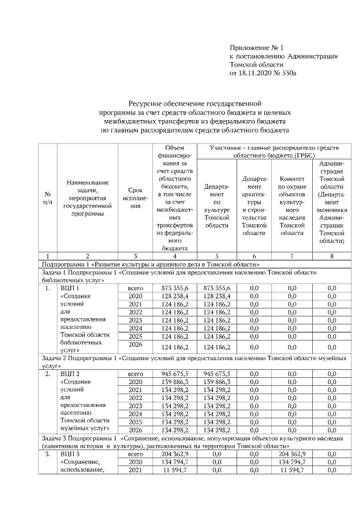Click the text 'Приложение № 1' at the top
pos(256,47)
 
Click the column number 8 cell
pos(332,256)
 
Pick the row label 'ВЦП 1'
pos(69,289)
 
